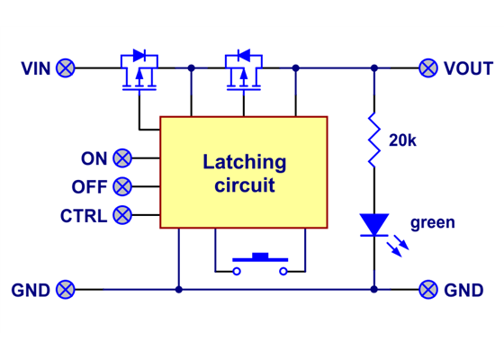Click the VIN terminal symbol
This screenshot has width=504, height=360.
pos(66,67)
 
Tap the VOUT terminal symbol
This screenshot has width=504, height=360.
pos(429,67)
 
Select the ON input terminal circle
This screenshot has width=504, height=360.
pos(122,158)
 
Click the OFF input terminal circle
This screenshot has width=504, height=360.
pos(122,187)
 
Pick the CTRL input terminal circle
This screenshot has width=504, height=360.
pos(122,215)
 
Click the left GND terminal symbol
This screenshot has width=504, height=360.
pos(66,289)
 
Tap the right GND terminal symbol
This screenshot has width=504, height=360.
pos(429,289)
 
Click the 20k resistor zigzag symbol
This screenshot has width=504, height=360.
pos(373,140)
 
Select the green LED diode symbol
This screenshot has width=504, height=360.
pos(373,224)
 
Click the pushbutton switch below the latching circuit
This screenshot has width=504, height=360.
pos(260,262)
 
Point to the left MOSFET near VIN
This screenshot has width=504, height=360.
pos(139,72)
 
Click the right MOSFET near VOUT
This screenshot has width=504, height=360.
pos(243,72)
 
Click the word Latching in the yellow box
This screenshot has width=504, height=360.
pos(244,163)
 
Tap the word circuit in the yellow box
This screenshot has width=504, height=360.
pos(244,186)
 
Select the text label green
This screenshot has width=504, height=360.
pos(432,222)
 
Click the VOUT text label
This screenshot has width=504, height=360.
pos(468,68)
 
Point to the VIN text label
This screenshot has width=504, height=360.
pos(35,68)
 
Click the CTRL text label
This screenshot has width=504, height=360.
pos(84,216)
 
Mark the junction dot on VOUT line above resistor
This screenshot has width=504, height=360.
pos(373,67)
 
